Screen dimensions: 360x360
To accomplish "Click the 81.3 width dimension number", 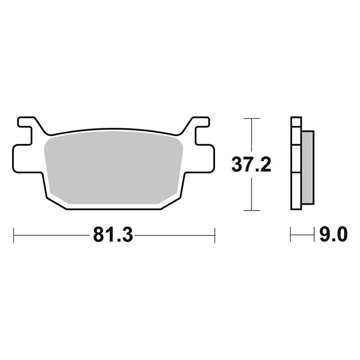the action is pos(113,234).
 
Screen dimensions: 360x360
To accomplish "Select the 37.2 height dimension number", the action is pos(252,164).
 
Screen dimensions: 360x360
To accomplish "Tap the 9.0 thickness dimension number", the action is pos(333,234).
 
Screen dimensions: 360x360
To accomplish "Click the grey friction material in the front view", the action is pos(113,167).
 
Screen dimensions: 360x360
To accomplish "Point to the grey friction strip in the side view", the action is pos(308,167).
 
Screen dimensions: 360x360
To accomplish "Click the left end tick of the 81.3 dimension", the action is pos(14,235).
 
